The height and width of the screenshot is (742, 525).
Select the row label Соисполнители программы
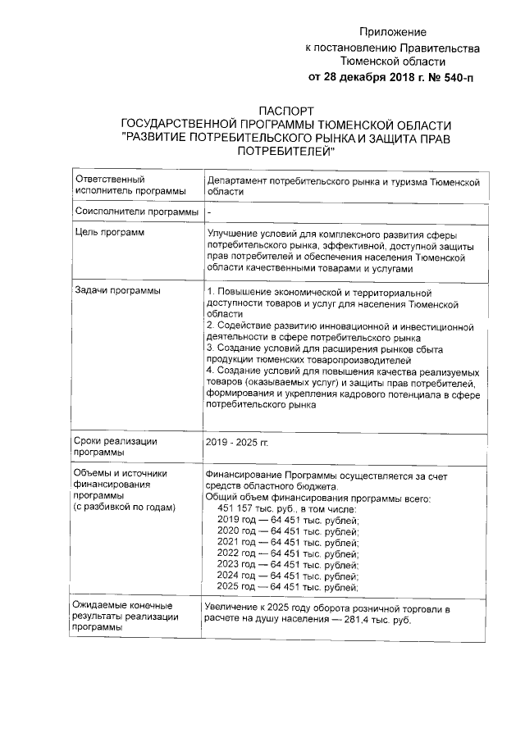pos(136,212)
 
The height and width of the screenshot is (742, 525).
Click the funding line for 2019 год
pos(288,520)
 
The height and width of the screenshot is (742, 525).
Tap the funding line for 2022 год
pos(288,553)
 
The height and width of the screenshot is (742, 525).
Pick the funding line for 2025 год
pos(288,587)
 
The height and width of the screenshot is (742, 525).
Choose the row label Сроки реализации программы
pos(116,446)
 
